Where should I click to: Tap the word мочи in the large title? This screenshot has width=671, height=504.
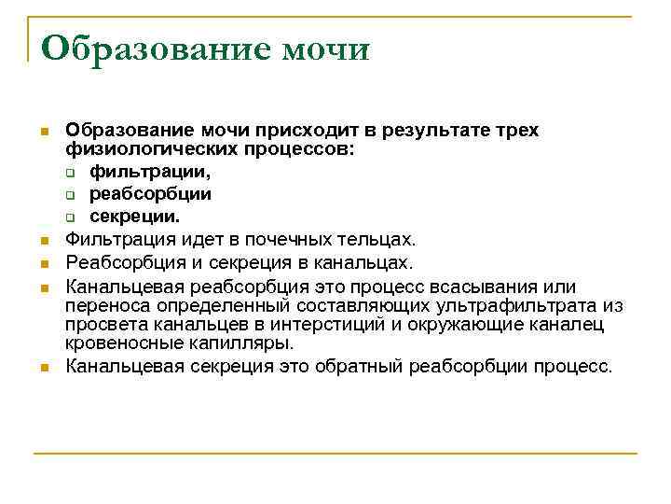pos(326,49)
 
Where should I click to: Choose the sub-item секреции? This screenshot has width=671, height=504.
pos(134,217)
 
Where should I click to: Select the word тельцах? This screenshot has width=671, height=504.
pos(381,240)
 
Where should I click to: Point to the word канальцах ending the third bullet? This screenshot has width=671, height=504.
pos(370,263)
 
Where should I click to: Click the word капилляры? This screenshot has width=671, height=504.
pos(247,343)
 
